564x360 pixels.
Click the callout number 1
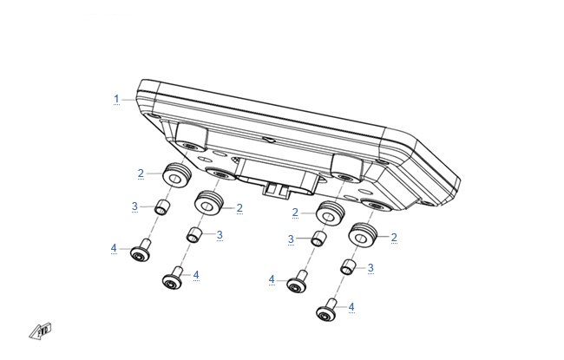pos(116,99)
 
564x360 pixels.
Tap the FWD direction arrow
pos(40,331)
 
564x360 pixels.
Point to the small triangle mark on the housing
pos(269,139)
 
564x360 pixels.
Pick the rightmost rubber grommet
pos(362,235)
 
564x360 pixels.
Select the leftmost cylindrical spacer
pos(162,207)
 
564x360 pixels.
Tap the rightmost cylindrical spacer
pos(348,267)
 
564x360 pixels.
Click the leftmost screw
pos(141,250)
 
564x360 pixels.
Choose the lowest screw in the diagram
pos(327,310)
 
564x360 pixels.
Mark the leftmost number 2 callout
pos(141,173)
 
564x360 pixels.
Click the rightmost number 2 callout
pos(394,237)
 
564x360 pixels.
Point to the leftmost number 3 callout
pos(134,206)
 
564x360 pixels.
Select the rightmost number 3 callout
pos(371,268)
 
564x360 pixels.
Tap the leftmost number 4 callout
pos(114,248)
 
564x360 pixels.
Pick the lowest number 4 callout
pos(351,307)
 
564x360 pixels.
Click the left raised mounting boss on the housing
pos(191,136)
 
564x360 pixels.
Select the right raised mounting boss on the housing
pos(347,167)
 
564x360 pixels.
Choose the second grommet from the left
pos(208,203)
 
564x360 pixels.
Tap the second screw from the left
pos(174,278)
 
